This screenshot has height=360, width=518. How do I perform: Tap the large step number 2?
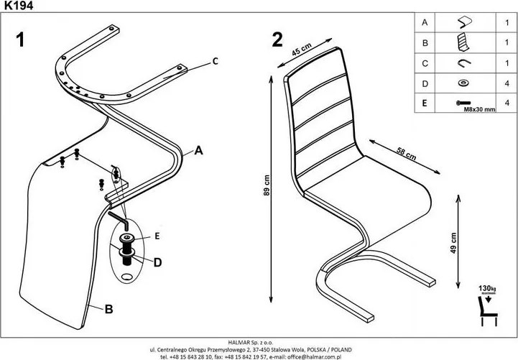pos(277,40)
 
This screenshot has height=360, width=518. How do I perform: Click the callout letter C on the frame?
pos(213,61)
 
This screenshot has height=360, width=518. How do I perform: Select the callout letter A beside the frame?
pos(199,151)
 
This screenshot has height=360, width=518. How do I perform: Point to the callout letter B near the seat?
pos(108,310)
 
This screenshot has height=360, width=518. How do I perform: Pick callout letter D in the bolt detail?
pos(157,262)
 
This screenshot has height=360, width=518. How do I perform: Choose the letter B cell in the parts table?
pos(424,43)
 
